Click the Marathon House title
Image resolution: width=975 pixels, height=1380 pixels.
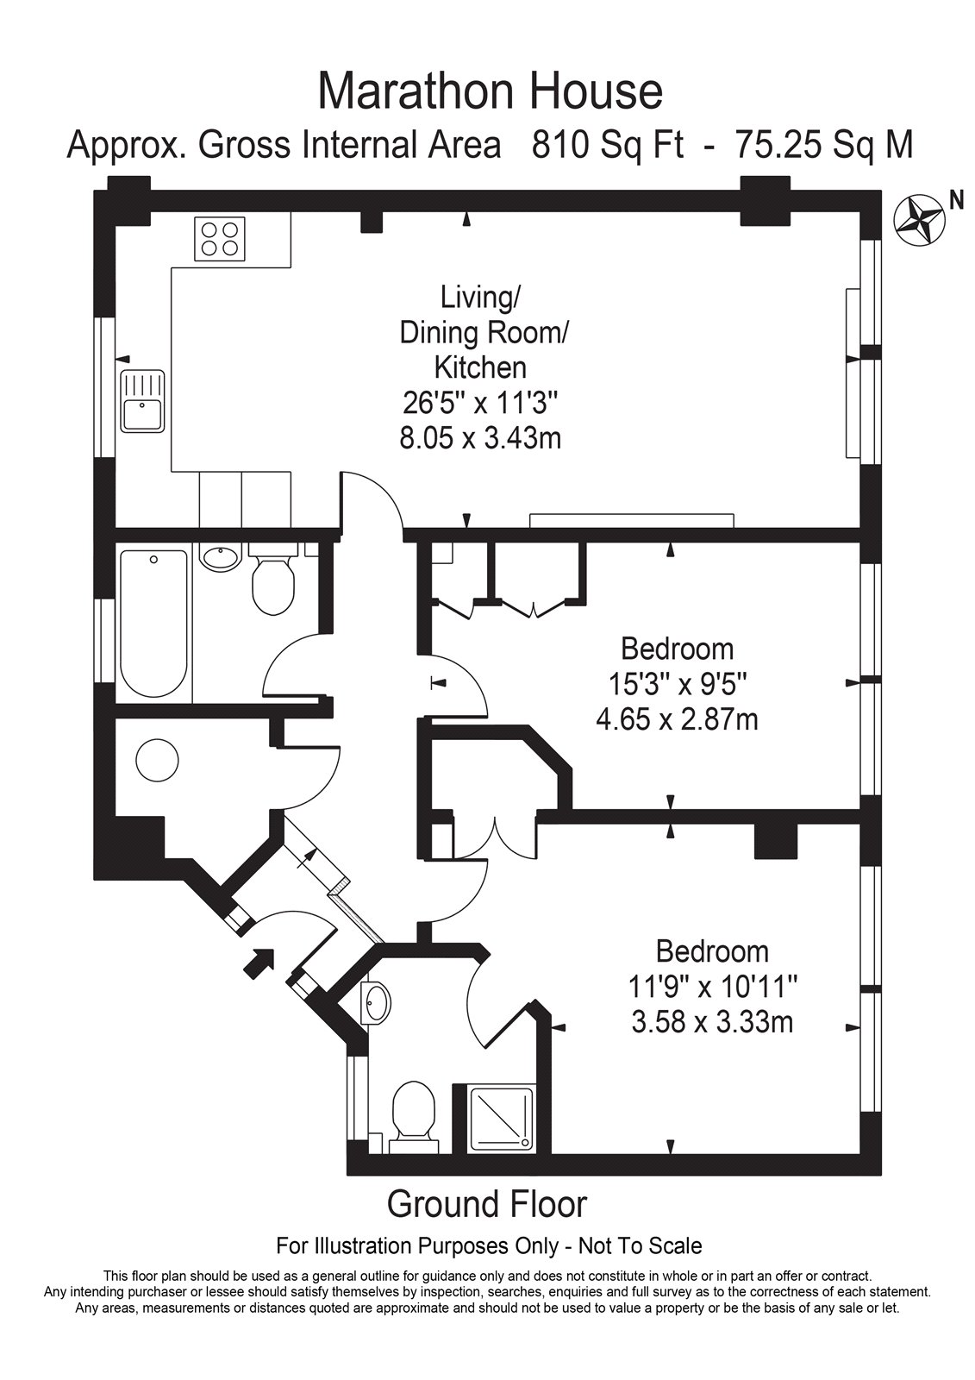[x=490, y=92]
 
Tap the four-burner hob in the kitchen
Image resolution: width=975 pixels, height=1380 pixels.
[x=220, y=238]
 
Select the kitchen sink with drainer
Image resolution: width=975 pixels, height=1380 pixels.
[x=143, y=402]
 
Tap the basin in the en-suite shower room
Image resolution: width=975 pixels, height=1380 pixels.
[x=377, y=1002]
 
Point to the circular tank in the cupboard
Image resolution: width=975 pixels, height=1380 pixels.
[x=157, y=761]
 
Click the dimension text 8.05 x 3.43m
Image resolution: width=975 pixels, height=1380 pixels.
[x=480, y=439]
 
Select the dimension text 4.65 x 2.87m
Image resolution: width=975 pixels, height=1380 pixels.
[x=677, y=719]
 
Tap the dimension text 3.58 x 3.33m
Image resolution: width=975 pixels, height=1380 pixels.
[x=712, y=1023]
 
